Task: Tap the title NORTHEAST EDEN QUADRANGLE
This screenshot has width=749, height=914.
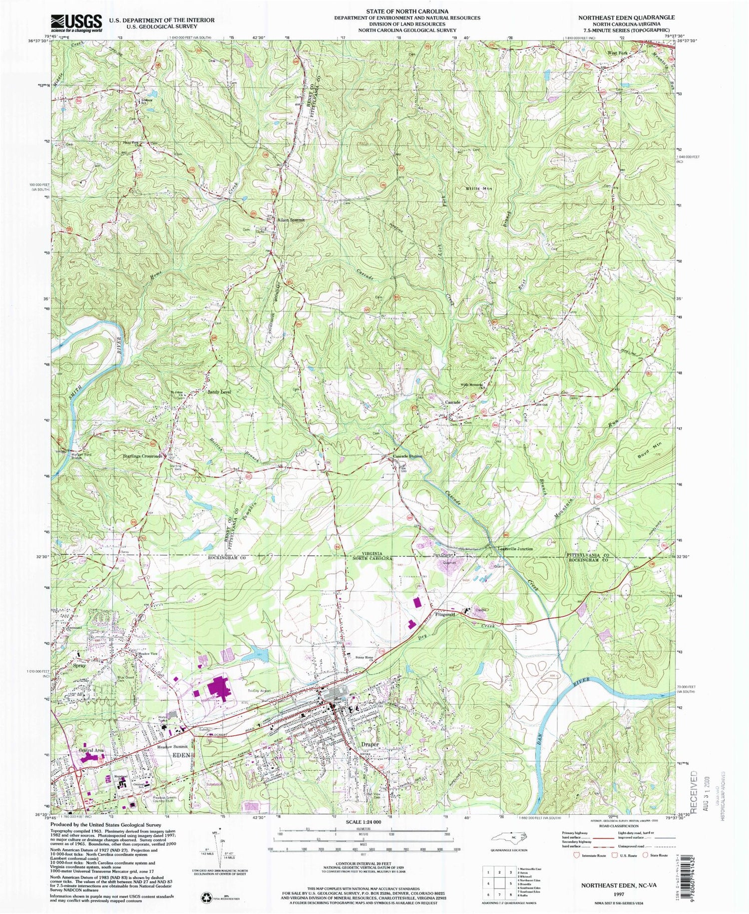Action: pyautogui.click(x=626, y=17)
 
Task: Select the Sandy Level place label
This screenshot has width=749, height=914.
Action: pyautogui.click(x=219, y=393)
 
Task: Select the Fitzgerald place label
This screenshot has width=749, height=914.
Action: pyautogui.click(x=445, y=615)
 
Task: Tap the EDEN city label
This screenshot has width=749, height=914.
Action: pyautogui.click(x=182, y=755)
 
